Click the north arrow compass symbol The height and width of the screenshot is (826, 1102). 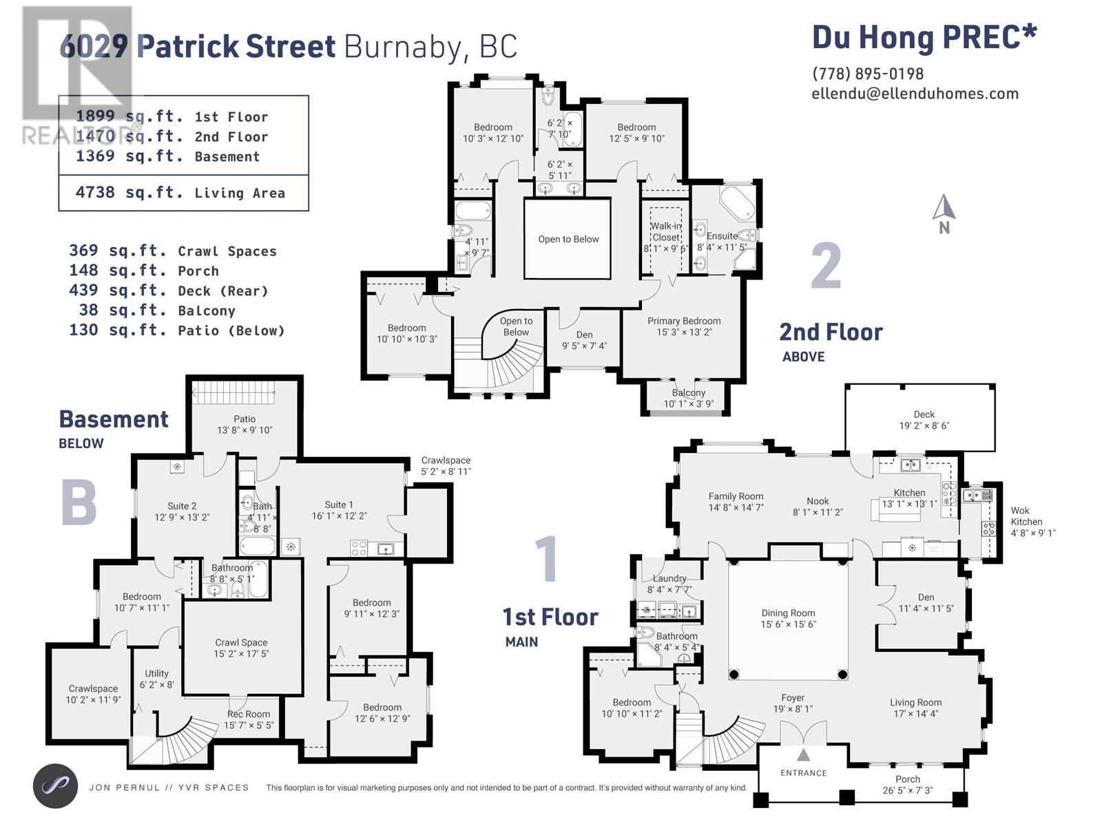point(944,213)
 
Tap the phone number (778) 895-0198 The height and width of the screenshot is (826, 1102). point(868,74)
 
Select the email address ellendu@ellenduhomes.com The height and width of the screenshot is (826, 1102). point(915,94)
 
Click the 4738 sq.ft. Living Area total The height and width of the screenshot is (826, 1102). point(180,193)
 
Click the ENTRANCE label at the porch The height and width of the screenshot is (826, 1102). point(803,773)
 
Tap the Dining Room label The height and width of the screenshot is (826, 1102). point(788,613)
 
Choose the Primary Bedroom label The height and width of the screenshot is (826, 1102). point(684,321)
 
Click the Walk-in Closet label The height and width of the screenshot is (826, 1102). point(666,232)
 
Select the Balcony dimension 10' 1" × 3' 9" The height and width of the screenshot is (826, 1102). point(688,404)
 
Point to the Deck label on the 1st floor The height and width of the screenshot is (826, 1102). point(924,414)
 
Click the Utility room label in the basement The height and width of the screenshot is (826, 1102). point(156,674)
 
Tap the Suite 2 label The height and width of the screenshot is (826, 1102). point(182,506)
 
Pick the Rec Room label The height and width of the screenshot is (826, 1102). point(249,714)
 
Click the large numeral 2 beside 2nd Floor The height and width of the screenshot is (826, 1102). point(826,265)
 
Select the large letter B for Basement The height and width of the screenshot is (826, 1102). point(79,502)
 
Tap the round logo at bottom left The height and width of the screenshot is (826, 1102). point(55,786)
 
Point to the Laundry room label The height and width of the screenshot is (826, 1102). point(669,578)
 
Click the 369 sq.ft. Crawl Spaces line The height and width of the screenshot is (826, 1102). point(173,251)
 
